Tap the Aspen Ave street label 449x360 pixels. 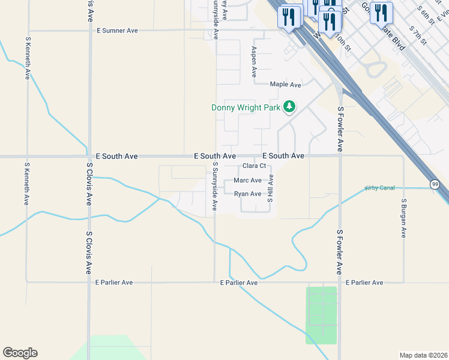tap(254, 62)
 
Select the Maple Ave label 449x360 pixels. tap(285, 85)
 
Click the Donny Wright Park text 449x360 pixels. tap(246, 108)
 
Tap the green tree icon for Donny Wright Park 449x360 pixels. tap(290, 107)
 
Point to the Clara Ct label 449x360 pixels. tap(254, 166)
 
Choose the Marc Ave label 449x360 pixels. tap(247, 180)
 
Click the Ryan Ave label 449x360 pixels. tap(247, 194)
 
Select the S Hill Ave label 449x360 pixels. tap(271, 188)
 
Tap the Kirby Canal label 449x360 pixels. tap(379, 188)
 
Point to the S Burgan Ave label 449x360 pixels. tap(404, 218)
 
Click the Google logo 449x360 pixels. tap(20, 353)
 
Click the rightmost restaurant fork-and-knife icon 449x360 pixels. tap(381, 12)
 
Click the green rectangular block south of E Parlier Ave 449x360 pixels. tap(321, 315)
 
